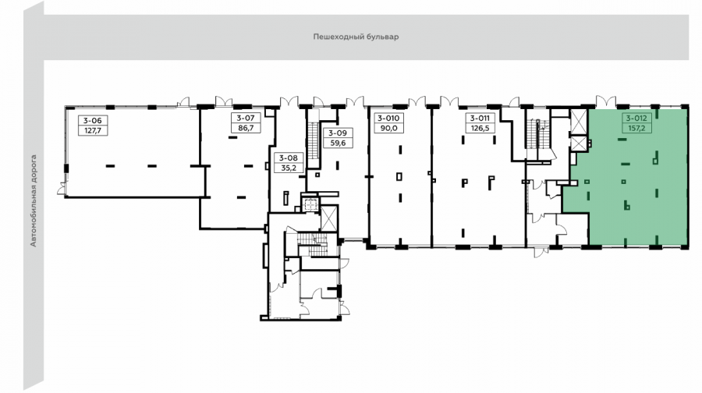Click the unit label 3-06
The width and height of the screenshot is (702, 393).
tap(93, 120)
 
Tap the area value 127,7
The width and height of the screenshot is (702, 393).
tap(93, 131)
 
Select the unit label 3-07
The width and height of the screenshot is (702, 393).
tap(246, 118)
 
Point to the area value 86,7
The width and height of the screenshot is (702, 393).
tap(246, 128)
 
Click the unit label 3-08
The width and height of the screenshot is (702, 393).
tap(289, 158)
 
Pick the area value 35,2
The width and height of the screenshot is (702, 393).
tap(289, 168)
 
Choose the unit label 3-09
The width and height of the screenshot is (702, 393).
tap(338, 133)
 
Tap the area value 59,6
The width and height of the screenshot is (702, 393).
tap(338, 143)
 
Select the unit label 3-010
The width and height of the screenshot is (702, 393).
tap(388, 119)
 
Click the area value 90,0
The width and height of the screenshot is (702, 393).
tap(388, 129)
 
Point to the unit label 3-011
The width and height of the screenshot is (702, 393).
tap(480, 119)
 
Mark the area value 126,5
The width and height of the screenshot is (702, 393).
tap(480, 129)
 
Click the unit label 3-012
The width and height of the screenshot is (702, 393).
tap(636, 119)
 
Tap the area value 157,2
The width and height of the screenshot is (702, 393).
tap(636, 129)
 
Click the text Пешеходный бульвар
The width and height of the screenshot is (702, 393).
tap(356, 37)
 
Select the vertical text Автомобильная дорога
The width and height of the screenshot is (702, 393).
tap(33, 200)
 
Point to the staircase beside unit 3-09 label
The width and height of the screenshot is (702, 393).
tap(314, 140)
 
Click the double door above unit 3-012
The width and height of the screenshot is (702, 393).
tap(606, 101)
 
